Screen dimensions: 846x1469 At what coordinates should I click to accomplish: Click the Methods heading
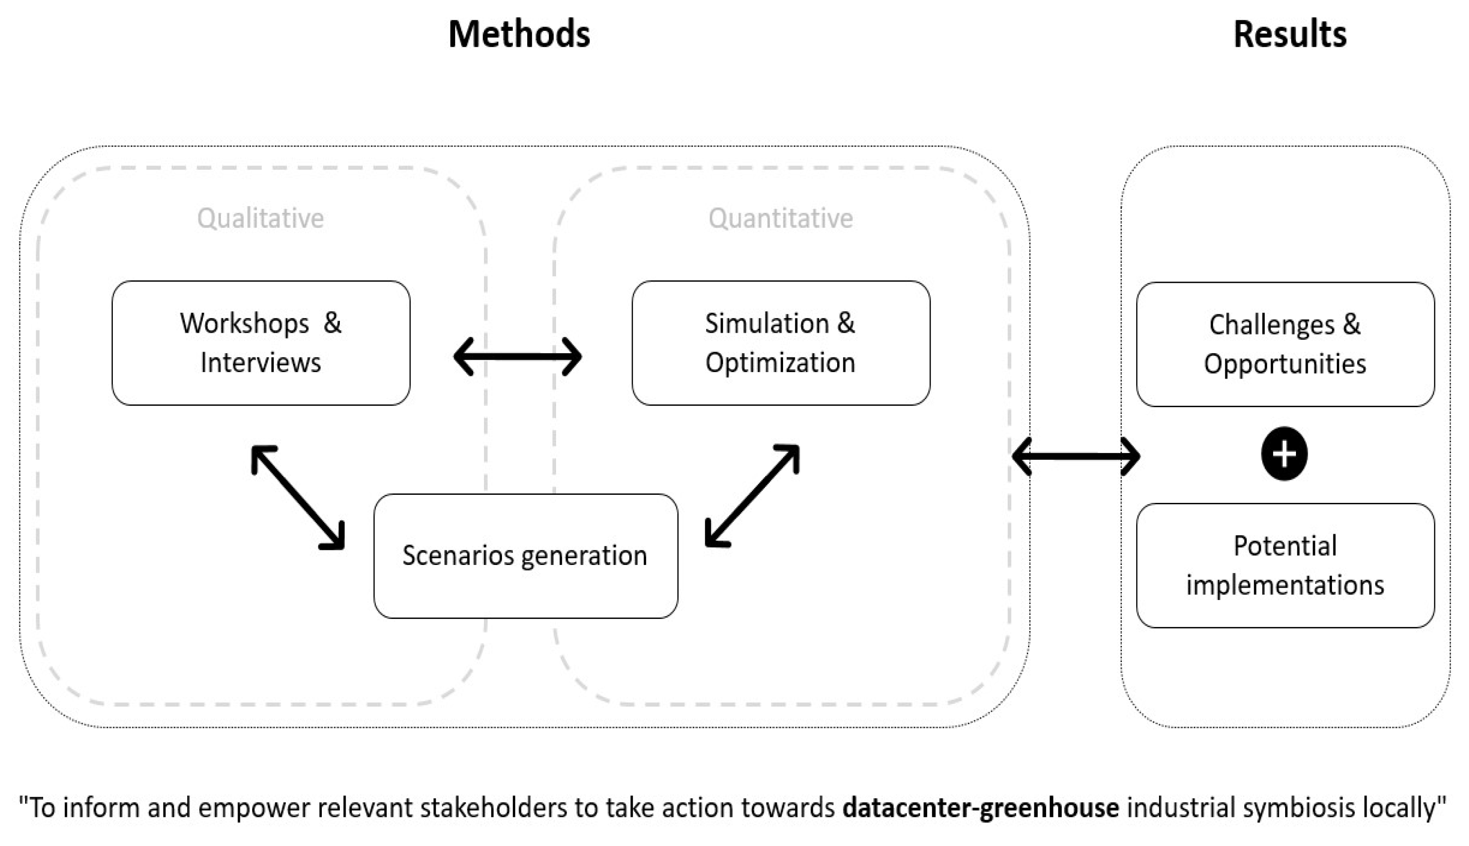tap(519, 34)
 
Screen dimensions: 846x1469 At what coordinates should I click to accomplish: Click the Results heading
tap(1289, 34)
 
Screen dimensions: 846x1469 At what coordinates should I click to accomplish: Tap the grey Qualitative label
tap(260, 218)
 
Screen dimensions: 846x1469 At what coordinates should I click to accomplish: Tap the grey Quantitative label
tap(780, 218)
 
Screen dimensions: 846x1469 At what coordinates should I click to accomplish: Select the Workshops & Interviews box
tap(261, 343)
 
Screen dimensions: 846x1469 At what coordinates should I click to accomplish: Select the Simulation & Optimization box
tap(780, 343)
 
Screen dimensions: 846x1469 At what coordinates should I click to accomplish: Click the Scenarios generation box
tap(525, 555)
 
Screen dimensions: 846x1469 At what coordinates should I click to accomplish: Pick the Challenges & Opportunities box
tap(1285, 344)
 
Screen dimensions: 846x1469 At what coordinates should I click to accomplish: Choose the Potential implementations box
tap(1285, 565)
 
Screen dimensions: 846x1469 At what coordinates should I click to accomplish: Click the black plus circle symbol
tap(1284, 454)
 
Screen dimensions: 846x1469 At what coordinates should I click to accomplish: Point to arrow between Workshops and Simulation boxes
tap(517, 356)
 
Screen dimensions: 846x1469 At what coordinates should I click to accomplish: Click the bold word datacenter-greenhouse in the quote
tap(980, 808)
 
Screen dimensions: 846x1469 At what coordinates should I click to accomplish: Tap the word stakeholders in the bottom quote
tap(493, 808)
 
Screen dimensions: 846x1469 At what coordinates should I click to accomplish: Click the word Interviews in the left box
tap(260, 363)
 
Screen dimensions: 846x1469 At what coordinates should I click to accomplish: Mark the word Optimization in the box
tap(780, 363)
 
